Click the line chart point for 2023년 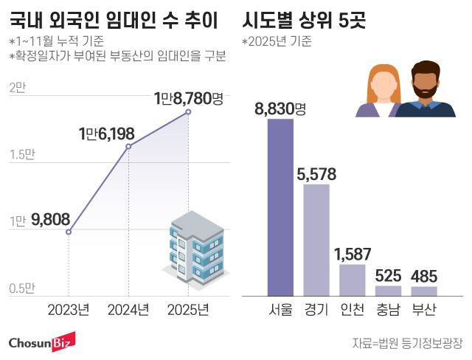tap(69, 232)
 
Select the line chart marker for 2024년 tap(128, 146)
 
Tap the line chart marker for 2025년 tap(188, 112)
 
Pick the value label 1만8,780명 tap(188, 97)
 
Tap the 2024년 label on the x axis tap(128, 308)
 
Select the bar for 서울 tap(280, 207)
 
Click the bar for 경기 tap(316, 239)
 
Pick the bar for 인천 tap(353, 280)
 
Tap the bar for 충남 tap(388, 291)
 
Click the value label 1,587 tap(353, 255)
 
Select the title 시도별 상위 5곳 tap(303, 20)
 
